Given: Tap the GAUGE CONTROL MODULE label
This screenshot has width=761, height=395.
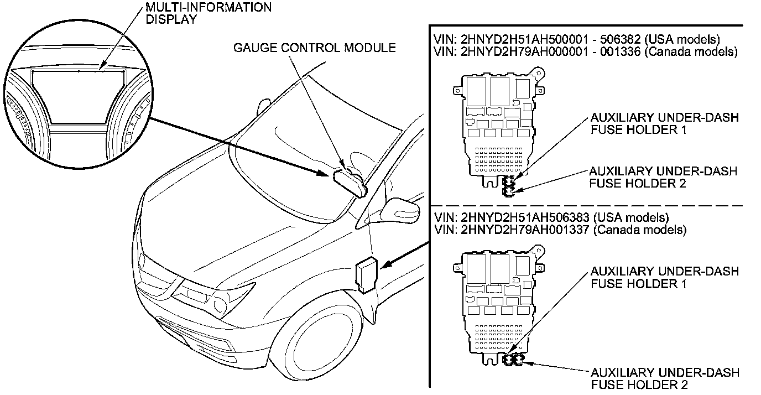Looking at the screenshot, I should click(314, 48).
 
